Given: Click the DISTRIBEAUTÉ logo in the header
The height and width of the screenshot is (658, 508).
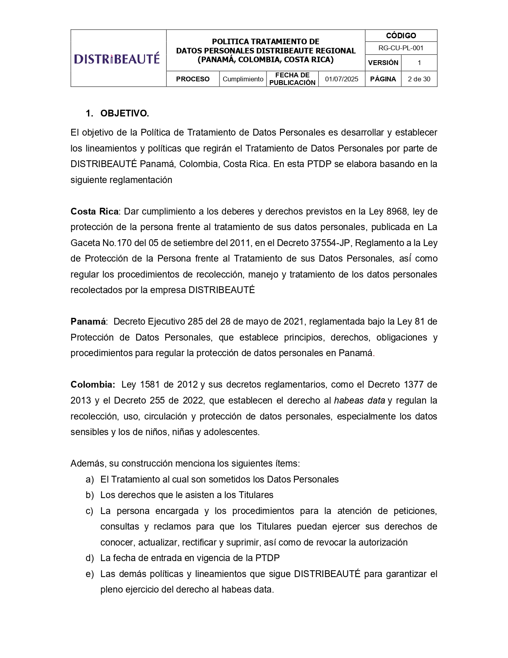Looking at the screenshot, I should tap(117, 59).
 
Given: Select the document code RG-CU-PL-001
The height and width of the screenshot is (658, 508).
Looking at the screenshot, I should tap(401, 48).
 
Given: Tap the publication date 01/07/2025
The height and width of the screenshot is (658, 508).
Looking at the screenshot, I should tap(341, 79).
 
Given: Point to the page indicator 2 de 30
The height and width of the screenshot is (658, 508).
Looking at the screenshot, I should tap(419, 79).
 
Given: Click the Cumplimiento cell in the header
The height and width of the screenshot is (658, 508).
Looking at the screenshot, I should tap(243, 79).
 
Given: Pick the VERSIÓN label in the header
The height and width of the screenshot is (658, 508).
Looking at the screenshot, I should tap(383, 63).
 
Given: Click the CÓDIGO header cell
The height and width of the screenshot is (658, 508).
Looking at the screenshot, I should tap(401, 35).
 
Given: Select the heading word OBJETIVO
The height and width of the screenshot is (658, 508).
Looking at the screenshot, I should tap(124, 113).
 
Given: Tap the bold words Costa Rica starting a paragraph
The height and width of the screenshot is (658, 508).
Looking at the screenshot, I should tap(94, 211).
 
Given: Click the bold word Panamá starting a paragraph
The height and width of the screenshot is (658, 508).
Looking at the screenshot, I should tap(88, 321).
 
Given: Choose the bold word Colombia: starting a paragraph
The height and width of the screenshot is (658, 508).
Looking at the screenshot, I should tap(93, 384).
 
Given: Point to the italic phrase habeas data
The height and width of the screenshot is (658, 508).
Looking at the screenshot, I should tap(359, 400).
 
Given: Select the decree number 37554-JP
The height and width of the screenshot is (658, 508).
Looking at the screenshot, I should tap(334, 243).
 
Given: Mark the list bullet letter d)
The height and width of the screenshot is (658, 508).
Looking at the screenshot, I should tap(90, 558).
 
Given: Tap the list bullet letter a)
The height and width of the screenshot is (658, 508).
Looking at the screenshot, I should tap(90, 479).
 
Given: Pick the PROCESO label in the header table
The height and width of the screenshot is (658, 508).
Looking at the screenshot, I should tap(192, 79).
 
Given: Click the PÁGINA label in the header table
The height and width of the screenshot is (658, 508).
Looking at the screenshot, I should tap(383, 79).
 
